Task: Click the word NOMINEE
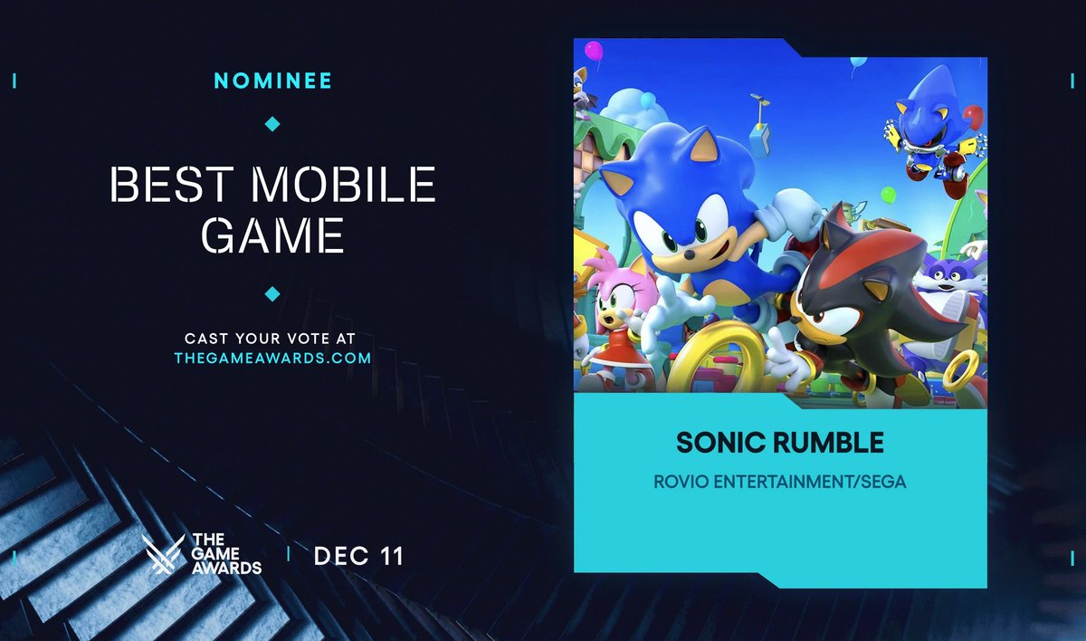point(272,81)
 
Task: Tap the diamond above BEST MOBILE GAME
point(272,123)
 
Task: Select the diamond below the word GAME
point(272,293)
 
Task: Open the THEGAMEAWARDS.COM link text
point(272,358)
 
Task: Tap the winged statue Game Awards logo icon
point(163,554)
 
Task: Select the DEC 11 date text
point(358,556)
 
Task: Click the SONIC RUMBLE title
point(779,444)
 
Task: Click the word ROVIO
point(681,482)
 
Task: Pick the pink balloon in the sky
point(594,50)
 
